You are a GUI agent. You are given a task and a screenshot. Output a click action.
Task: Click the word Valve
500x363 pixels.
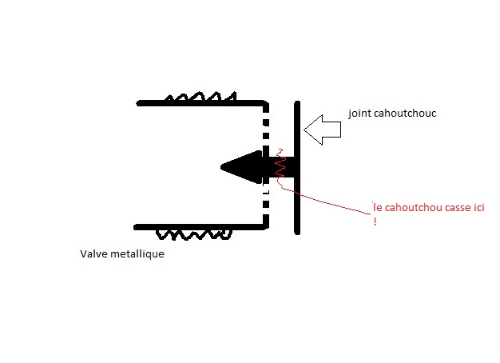93,255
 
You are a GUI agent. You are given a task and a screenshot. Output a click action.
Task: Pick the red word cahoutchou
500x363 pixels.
412,208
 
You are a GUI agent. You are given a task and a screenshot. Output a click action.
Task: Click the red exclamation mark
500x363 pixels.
375,221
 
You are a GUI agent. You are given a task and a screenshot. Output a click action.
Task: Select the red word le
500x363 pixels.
378,208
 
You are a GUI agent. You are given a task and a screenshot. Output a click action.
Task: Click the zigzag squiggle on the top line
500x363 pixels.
200,98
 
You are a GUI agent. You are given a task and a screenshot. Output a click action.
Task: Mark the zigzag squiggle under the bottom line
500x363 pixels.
193,235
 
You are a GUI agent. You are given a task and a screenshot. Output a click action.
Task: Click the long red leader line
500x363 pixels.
335,201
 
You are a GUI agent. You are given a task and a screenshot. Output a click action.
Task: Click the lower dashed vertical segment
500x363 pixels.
267,208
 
